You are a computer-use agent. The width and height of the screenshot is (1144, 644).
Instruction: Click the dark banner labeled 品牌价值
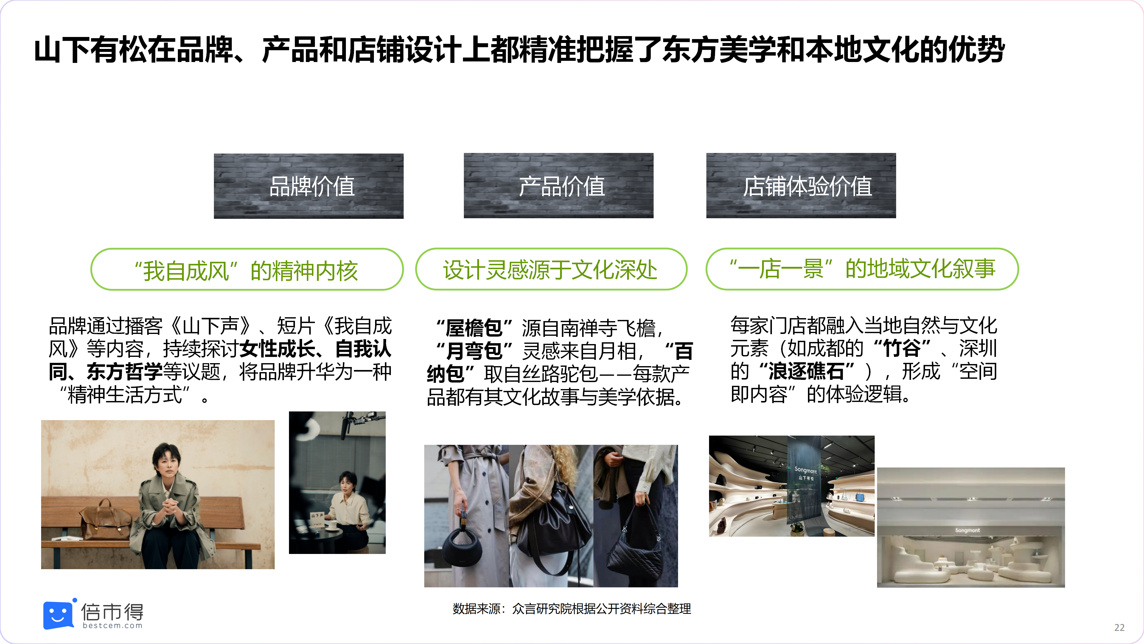coord(309,186)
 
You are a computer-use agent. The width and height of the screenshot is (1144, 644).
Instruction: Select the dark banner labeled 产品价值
coord(559,186)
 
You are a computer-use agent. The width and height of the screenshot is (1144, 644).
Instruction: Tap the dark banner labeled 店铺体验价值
coord(801,186)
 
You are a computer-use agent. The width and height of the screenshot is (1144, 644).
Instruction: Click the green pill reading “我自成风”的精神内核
coord(247,269)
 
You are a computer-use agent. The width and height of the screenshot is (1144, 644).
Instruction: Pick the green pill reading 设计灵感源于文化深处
coord(551,269)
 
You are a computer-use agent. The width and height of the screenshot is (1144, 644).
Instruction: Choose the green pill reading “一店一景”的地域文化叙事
coord(862,269)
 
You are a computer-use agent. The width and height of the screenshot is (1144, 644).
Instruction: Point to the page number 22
coord(1119,628)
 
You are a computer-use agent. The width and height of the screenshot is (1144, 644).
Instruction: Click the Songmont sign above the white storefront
coord(967,530)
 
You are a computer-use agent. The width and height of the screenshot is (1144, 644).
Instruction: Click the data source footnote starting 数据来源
coord(572,609)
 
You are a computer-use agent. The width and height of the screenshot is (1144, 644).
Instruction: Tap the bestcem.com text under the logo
coord(112,626)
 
